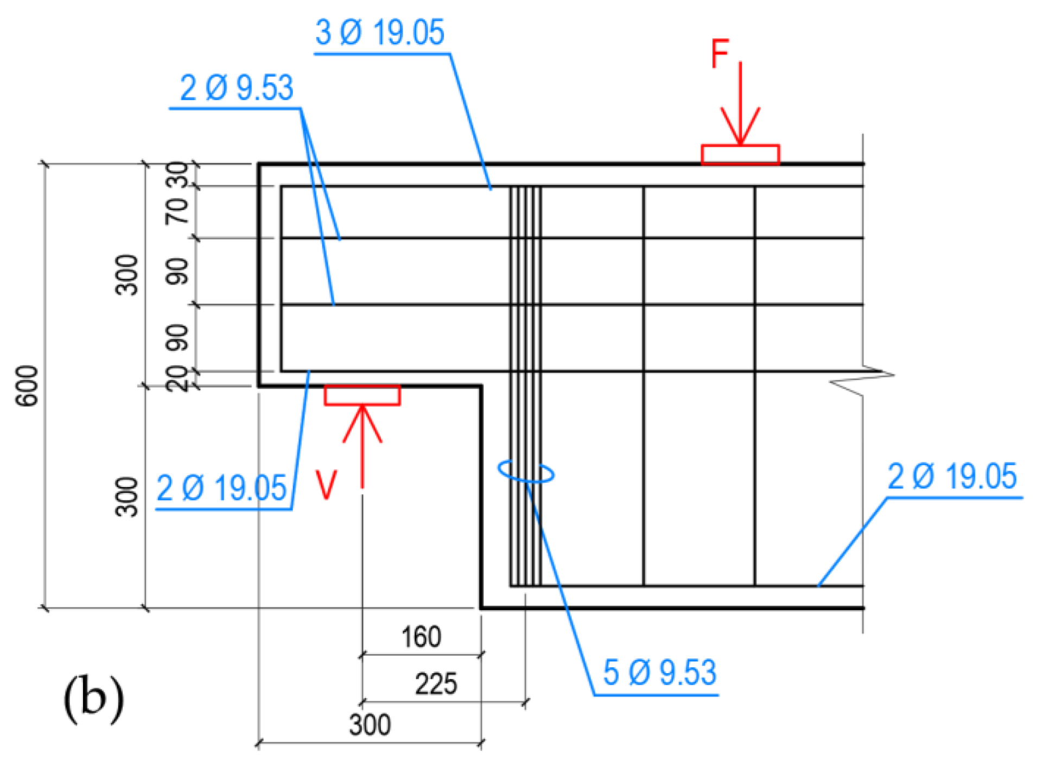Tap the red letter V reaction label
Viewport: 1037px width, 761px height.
click(x=326, y=484)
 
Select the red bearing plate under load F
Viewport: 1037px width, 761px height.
click(x=740, y=155)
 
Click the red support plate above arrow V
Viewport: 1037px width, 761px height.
click(x=362, y=395)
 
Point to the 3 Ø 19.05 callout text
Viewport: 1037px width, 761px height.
click(x=379, y=33)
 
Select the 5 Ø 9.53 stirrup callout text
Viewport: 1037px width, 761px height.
click(x=659, y=673)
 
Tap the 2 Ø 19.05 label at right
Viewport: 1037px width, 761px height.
click(x=951, y=477)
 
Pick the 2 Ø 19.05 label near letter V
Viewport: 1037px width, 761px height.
click(x=221, y=488)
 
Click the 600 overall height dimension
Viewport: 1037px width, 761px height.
click(x=27, y=386)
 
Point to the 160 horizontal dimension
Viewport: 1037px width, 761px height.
click(x=421, y=637)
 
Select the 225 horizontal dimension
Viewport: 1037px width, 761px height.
click(x=436, y=683)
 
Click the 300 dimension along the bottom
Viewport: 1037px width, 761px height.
click(x=369, y=725)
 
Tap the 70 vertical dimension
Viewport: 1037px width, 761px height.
click(x=177, y=211)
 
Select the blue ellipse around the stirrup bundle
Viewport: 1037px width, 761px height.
click(x=526, y=471)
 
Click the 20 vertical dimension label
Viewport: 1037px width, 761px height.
click(x=177, y=379)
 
